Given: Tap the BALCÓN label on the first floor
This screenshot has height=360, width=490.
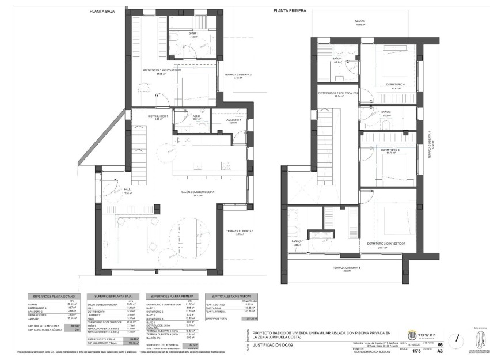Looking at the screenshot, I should coord(360,22).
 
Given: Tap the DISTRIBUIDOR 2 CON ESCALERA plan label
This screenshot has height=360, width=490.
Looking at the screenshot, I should coord(339,93).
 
